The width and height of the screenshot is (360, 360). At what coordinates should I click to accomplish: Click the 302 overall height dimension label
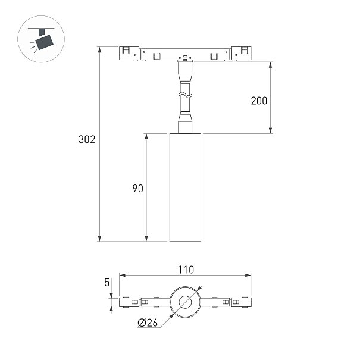[87, 139]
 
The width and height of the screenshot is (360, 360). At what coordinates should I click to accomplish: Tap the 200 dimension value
[259, 101]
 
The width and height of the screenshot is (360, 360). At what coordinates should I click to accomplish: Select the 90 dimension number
[138, 189]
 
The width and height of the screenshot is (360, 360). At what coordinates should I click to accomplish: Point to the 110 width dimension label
[186, 270]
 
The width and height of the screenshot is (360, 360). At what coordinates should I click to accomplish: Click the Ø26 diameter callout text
[148, 323]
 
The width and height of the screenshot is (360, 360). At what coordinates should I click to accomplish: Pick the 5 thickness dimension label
[107, 283]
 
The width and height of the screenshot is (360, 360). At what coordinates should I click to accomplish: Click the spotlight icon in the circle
[41, 39]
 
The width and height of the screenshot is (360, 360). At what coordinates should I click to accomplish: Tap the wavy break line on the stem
[185, 95]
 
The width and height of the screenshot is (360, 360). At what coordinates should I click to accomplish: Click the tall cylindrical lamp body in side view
[185, 187]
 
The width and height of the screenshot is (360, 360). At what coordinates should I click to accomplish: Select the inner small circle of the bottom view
[185, 302]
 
